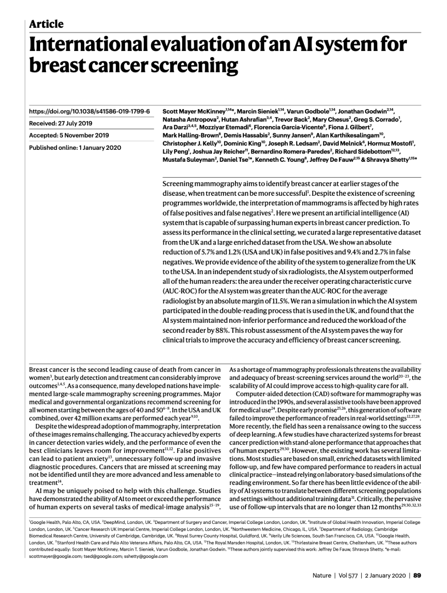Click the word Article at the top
click(x=46, y=24)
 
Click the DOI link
click(x=89, y=112)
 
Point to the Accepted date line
click(x=69, y=135)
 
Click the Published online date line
click(x=75, y=147)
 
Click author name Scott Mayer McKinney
click(x=194, y=112)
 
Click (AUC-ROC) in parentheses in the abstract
click(x=179, y=291)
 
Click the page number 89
click(x=417, y=576)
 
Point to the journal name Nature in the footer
click(x=322, y=576)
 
